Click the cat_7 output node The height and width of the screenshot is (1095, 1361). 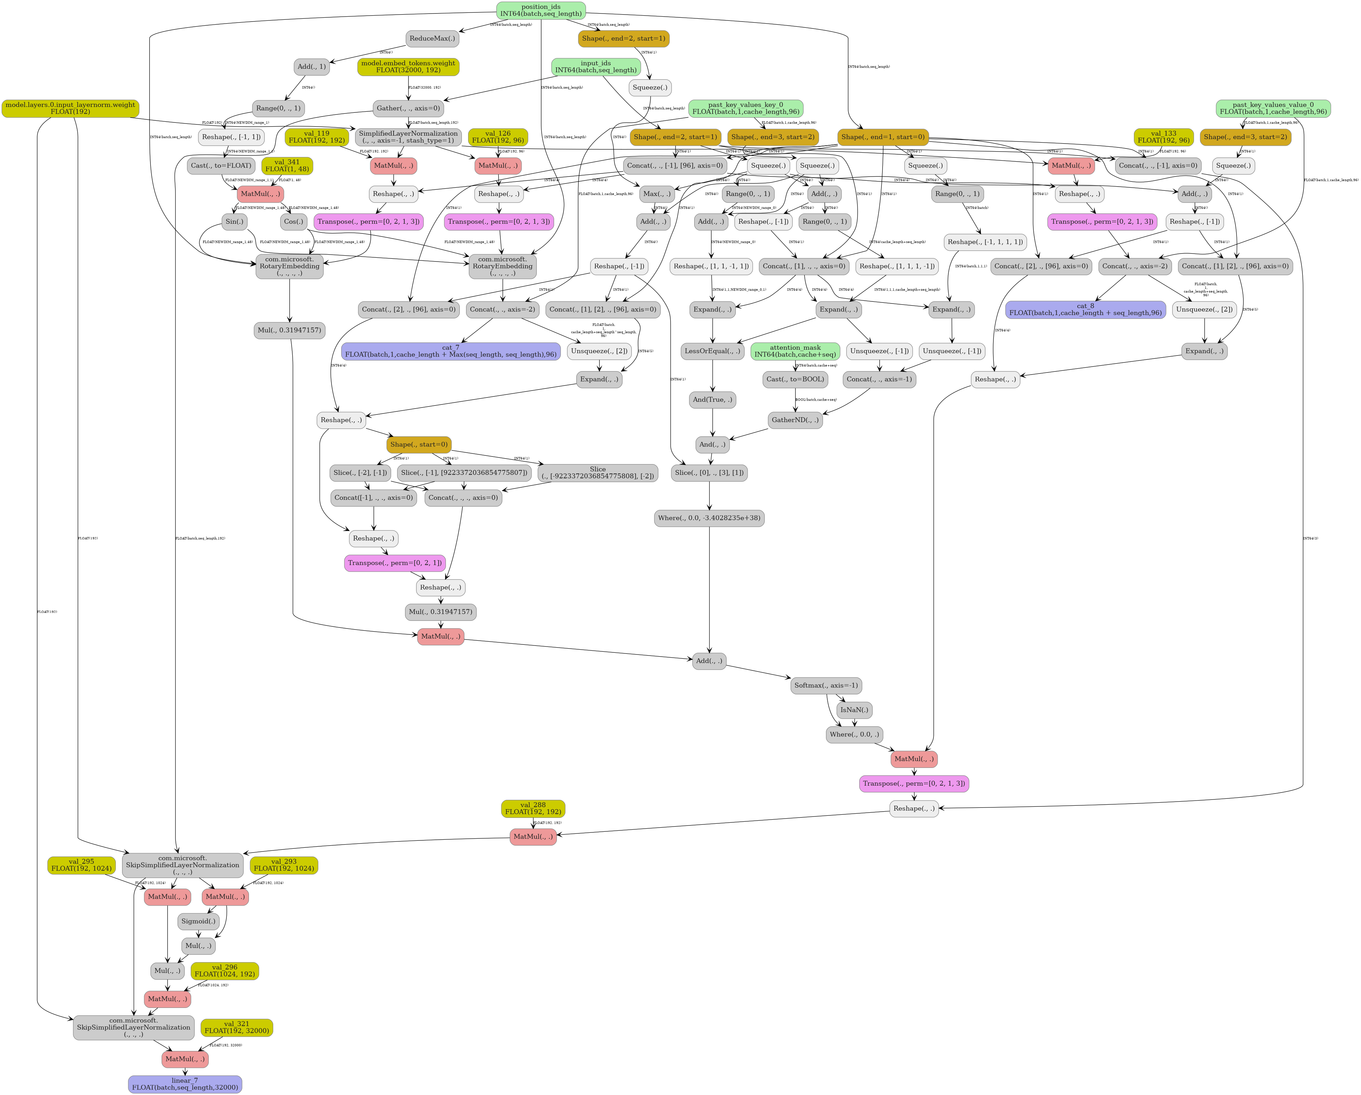[x=451, y=351]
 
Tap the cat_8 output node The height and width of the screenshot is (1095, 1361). [x=1085, y=309]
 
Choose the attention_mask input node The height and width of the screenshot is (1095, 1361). [x=795, y=351]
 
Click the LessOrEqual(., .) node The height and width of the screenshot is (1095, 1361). [x=712, y=351]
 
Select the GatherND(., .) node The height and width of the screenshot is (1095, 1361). [x=795, y=420]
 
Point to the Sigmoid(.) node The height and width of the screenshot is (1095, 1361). [x=198, y=921]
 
